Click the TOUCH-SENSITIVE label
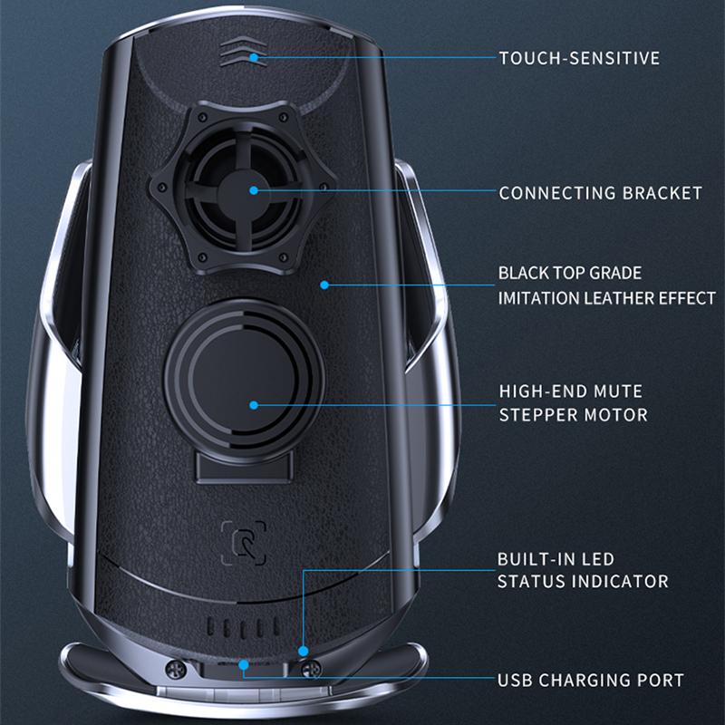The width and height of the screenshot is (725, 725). point(579,58)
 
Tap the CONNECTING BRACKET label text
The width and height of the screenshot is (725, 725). point(600,193)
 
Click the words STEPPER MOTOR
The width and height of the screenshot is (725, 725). point(573,416)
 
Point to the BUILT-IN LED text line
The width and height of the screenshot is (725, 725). point(555,559)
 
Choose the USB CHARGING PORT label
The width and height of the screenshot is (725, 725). point(590,680)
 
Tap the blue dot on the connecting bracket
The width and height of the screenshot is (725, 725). point(254,190)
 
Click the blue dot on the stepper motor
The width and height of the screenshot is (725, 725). point(254,405)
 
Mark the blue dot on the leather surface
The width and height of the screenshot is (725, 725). point(324,285)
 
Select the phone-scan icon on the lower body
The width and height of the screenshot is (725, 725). point(243,542)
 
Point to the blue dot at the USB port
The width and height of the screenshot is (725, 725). point(243,664)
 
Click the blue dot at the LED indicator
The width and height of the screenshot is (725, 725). point(303,650)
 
